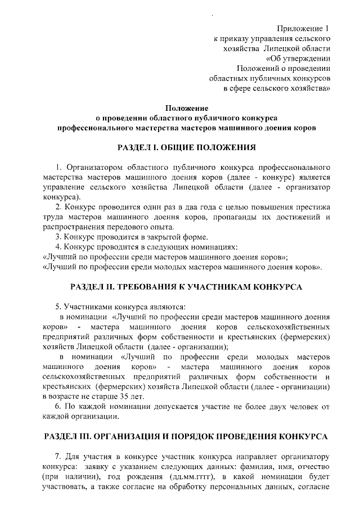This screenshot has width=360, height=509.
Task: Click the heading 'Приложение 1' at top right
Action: (x=303, y=28)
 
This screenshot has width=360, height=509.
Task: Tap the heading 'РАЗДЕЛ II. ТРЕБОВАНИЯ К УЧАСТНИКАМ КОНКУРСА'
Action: (x=186, y=287)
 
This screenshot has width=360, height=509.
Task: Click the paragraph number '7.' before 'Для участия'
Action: (x=58, y=456)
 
